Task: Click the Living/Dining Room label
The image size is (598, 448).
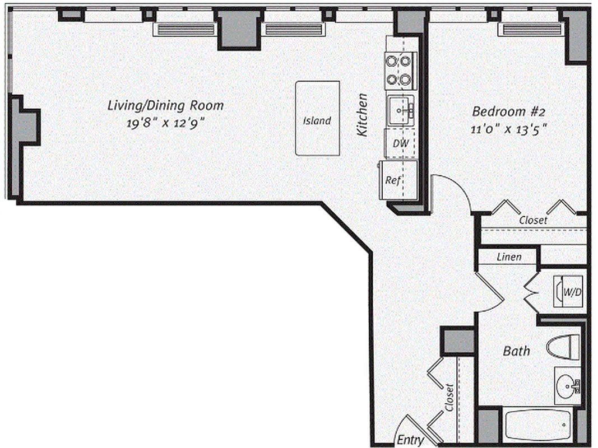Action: click(165, 105)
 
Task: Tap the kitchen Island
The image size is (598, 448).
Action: click(317, 119)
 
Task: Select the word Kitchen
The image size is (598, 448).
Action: click(363, 115)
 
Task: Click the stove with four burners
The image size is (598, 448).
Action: click(400, 71)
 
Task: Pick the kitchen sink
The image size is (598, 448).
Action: click(400, 109)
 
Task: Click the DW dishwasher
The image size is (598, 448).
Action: click(400, 143)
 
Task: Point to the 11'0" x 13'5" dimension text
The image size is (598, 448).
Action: click(508, 129)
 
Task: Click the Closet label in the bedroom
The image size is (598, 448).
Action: click(533, 220)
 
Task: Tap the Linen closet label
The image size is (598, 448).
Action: click(509, 257)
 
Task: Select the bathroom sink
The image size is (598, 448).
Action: click(567, 385)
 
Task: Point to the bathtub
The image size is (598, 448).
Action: click(537, 426)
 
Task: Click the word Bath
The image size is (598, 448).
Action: click(516, 351)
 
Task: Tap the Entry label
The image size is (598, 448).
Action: click(410, 440)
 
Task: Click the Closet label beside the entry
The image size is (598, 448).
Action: click(449, 397)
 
